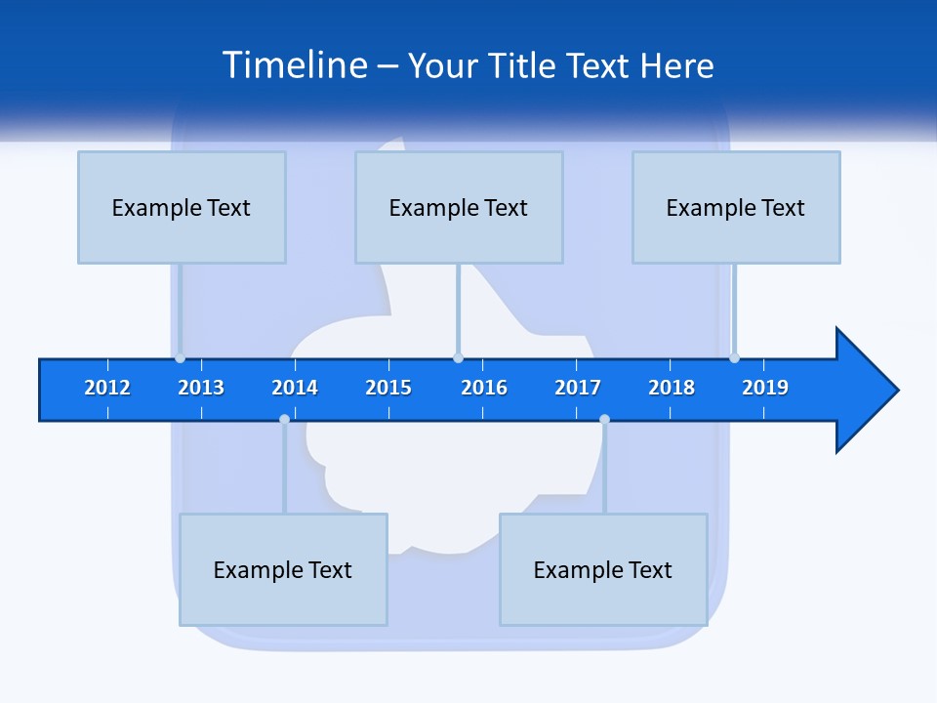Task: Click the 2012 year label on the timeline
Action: [107, 388]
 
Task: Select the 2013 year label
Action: [201, 388]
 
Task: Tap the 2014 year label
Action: [295, 388]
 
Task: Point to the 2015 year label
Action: [388, 388]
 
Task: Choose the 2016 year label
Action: [484, 388]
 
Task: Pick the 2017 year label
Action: [578, 388]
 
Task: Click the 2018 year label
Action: [672, 388]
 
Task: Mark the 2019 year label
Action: [765, 388]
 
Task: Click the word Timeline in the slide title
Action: [295, 65]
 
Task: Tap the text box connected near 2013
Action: [182, 207]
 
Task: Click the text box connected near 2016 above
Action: [459, 207]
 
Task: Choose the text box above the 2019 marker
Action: [736, 207]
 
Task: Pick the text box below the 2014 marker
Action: [283, 569]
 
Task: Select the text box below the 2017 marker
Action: [603, 569]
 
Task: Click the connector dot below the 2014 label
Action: [284, 420]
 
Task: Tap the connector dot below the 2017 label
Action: [604, 420]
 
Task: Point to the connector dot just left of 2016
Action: [459, 357]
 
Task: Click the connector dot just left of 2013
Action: [181, 357]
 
